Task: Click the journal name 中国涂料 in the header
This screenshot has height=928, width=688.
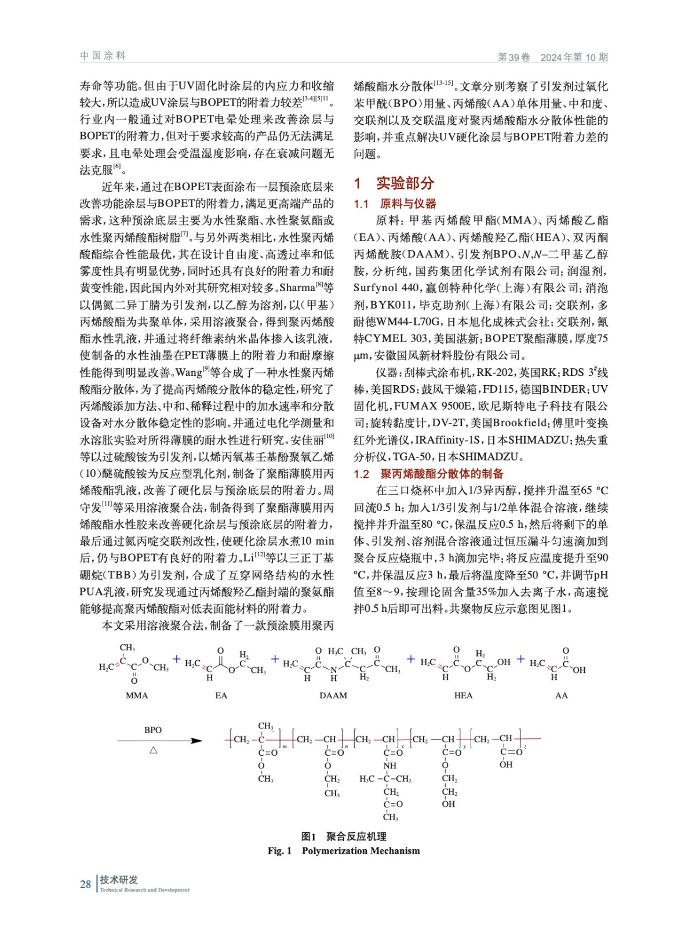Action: point(103,56)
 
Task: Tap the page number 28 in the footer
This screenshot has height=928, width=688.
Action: point(85,884)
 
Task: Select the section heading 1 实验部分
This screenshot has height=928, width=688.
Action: point(394,183)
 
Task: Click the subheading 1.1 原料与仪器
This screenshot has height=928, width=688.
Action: point(395,204)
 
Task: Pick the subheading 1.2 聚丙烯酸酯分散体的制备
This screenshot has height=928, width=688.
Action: point(428,474)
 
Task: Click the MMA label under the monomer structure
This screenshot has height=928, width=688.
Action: point(137,695)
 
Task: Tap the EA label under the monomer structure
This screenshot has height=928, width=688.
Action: point(221,695)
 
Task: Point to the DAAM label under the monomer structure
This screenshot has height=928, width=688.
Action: point(333,695)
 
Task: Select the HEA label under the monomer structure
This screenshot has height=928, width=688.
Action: point(463,695)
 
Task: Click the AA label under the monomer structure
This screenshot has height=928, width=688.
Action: point(561,695)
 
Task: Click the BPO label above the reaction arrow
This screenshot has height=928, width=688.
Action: point(153,730)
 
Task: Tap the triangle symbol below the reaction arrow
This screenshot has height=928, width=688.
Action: point(154,750)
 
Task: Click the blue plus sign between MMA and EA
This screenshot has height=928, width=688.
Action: point(177,659)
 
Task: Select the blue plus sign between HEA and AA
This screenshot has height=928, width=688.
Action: point(520,659)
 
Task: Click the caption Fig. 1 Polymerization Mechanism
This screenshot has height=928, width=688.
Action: point(344,851)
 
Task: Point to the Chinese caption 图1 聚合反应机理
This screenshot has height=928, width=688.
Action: point(344,836)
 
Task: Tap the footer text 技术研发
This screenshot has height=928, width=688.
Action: point(119,880)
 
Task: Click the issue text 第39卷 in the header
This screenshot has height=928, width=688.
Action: point(514,57)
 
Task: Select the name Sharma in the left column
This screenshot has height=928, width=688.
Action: point(297,288)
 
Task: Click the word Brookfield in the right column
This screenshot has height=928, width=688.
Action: point(519,423)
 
